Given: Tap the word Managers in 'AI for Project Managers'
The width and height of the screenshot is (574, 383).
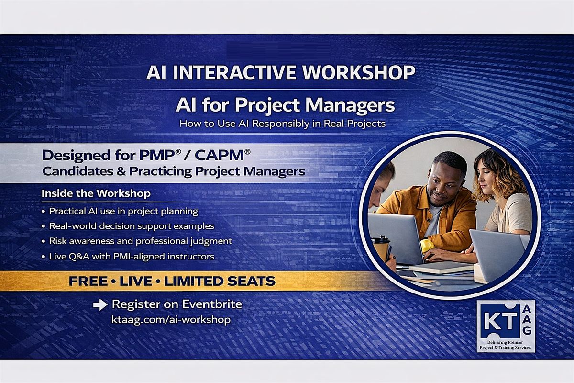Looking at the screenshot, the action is coord(350,106).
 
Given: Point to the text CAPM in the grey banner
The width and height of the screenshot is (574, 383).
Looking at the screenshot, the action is coord(221,156).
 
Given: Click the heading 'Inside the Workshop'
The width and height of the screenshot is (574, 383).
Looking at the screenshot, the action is coord(96,193).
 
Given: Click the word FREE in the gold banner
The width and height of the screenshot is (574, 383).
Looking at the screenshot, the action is coord(88,281).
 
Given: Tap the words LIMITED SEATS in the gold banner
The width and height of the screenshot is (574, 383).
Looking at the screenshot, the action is coord(220,281).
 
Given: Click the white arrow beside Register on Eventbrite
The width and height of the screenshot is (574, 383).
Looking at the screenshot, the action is coord(100,305).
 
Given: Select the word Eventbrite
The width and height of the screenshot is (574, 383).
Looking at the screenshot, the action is coord(212,304).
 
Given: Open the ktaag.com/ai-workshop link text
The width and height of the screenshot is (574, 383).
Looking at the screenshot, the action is coord(171,320).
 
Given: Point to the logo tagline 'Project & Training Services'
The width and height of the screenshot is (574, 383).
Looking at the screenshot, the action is coord(505,348).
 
